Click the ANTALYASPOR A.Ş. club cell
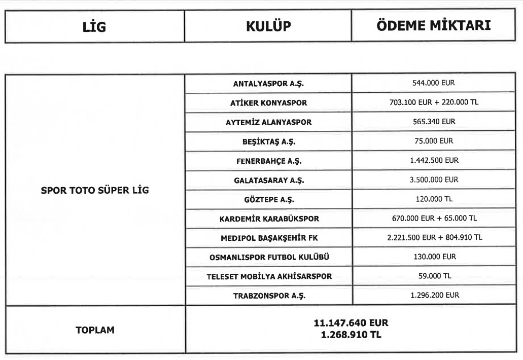click(x=268, y=83)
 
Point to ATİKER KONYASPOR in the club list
click(x=268, y=102)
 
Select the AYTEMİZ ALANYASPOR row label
click(x=268, y=122)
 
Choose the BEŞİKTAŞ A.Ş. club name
click(x=268, y=141)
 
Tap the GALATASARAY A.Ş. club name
click(x=268, y=179)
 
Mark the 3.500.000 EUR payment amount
click(x=435, y=179)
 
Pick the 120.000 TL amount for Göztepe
click(x=435, y=199)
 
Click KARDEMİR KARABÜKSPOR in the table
click(x=268, y=219)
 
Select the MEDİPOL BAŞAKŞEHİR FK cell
click(x=268, y=238)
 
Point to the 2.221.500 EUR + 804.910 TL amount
click(x=435, y=237)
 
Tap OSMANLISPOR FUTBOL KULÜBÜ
click(x=268, y=257)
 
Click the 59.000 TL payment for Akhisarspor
click(x=435, y=276)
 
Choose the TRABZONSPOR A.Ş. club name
click(x=268, y=295)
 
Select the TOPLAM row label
click(x=95, y=330)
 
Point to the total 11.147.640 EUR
click(x=353, y=323)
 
